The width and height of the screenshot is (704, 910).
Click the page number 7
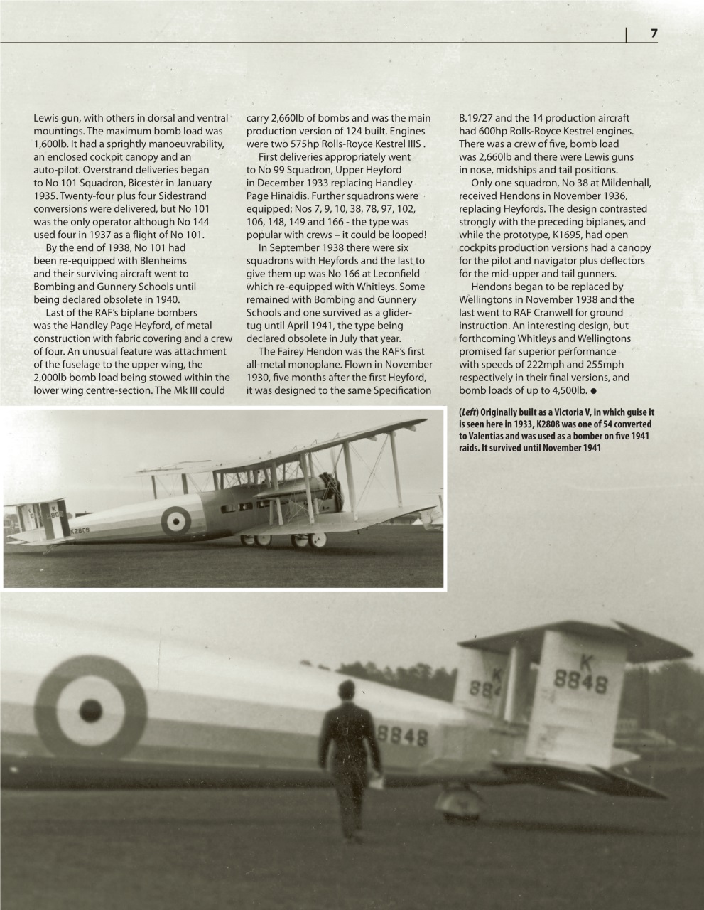pyautogui.click(x=653, y=34)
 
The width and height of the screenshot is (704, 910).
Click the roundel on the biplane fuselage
pyautogui.click(x=175, y=520)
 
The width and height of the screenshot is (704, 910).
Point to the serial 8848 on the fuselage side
pyautogui.click(x=404, y=737)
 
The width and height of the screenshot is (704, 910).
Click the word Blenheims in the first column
pyautogui.click(x=158, y=260)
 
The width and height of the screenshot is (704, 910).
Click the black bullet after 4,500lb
pyautogui.click(x=592, y=391)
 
